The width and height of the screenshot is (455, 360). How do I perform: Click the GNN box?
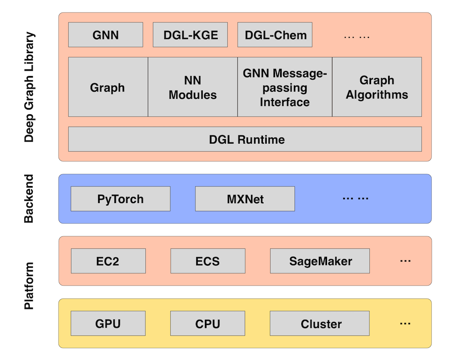[x=106, y=35]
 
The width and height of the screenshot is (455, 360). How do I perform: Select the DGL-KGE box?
[x=190, y=35]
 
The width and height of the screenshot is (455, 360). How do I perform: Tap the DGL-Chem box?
[x=275, y=35]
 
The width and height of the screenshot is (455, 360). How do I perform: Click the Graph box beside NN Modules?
[x=108, y=87]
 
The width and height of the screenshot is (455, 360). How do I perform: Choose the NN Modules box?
[x=192, y=87]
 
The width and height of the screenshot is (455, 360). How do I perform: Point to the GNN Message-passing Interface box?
[x=285, y=87]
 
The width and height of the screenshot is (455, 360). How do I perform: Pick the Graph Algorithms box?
[x=377, y=87]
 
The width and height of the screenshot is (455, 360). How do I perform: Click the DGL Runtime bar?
[x=245, y=139]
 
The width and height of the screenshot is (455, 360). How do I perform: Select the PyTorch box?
[x=121, y=199]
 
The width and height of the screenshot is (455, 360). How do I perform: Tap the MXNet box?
[x=245, y=199]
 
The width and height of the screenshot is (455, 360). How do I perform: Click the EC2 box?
[x=108, y=261]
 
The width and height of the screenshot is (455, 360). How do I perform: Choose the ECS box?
[x=208, y=261]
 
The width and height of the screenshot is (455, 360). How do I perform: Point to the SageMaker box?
[x=320, y=261]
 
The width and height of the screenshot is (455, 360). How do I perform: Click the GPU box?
[x=108, y=323]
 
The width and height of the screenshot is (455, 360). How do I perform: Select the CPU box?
[x=208, y=323]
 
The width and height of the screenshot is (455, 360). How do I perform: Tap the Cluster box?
[x=320, y=323]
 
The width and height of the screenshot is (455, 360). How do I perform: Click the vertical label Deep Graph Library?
[x=29, y=87]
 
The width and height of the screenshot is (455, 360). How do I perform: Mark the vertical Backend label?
[x=29, y=199]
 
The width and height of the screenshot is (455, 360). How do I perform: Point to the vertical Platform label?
[x=29, y=286]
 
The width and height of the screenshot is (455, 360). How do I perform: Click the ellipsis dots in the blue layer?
[x=356, y=198]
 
